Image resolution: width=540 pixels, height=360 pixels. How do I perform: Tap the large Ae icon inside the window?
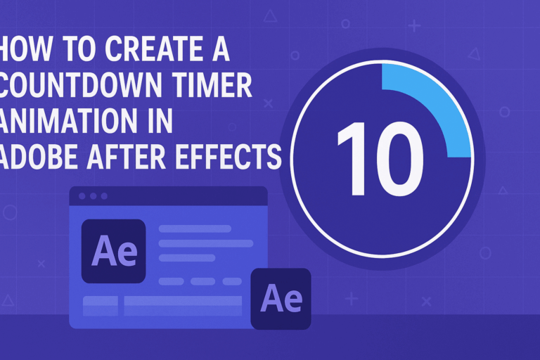tap(113, 251)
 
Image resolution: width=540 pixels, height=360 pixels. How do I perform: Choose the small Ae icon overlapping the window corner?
tap(281, 298)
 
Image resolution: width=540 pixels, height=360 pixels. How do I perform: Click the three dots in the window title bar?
tap(92, 196)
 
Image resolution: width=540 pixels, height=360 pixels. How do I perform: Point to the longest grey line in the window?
tap(205, 243)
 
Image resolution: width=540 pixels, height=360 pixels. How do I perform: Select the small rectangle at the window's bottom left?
tap(101, 306)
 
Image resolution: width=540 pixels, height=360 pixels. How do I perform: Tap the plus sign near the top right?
tap(414, 27)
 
